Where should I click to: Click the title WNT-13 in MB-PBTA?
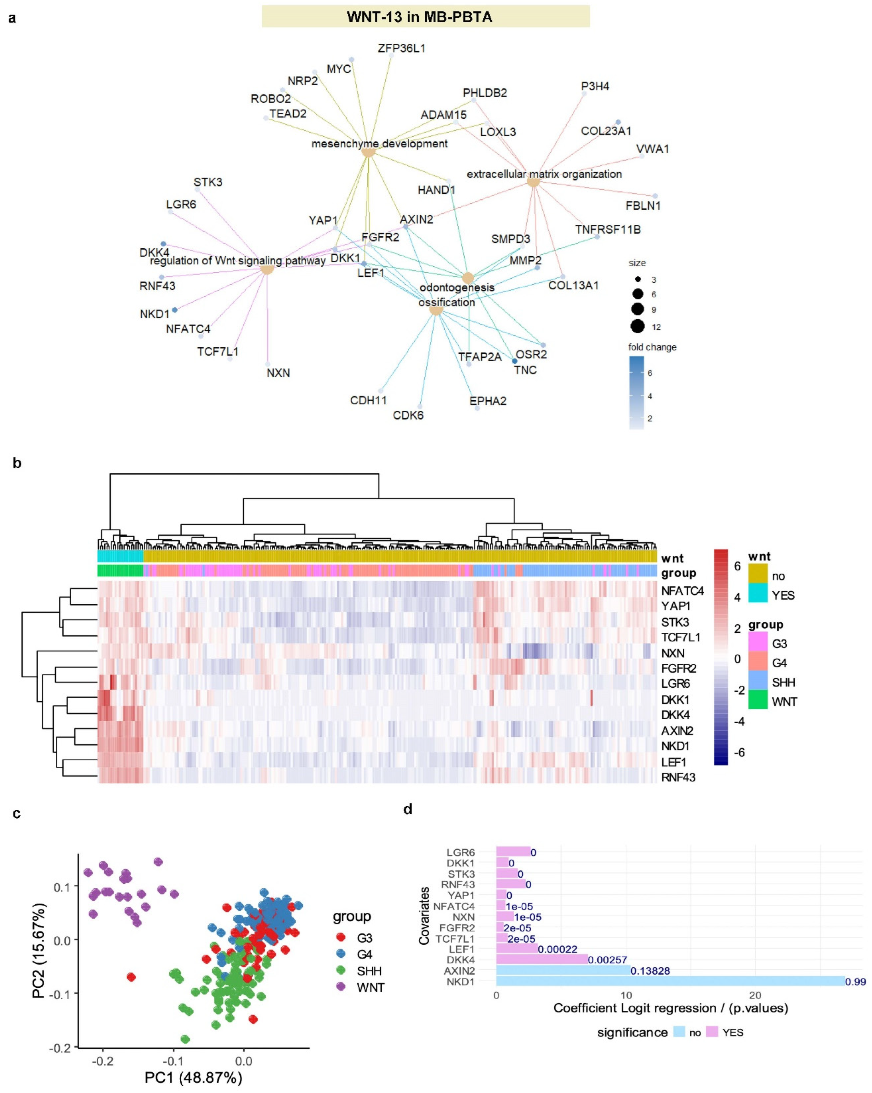tap(425, 17)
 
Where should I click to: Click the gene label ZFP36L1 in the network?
tap(401, 48)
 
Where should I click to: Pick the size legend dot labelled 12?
tap(638, 327)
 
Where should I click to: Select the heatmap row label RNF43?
tap(678, 777)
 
